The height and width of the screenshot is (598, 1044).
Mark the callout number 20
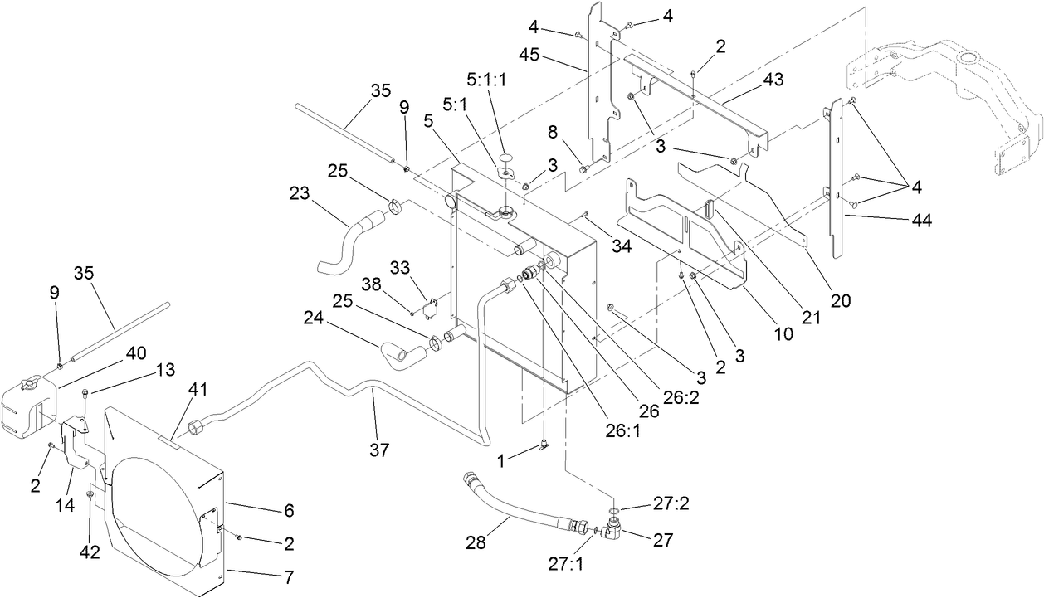coord(840,301)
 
